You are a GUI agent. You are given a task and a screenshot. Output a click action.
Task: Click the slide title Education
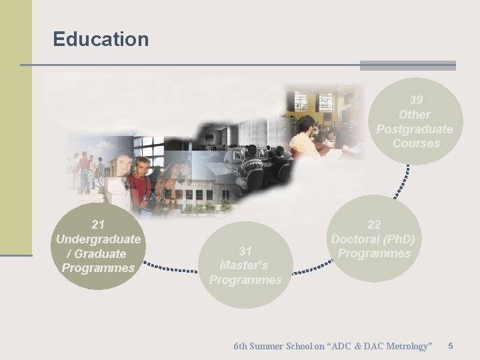coord(101,39)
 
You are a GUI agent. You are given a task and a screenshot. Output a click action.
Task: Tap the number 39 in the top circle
coord(416,100)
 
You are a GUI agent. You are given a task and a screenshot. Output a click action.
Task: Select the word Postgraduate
coord(414,129)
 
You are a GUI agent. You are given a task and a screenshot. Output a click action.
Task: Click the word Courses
coord(416,143)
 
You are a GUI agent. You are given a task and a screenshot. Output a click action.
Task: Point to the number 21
coord(99,225)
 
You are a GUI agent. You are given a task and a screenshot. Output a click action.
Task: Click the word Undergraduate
coord(99,239)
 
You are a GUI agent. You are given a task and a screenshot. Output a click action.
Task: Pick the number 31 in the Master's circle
coord(245,251)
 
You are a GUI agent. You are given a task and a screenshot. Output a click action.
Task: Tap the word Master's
coord(244,265)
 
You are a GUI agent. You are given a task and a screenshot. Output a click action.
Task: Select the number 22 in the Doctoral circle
coord(373,225)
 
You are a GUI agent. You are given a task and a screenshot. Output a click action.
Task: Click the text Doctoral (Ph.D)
coord(373,239)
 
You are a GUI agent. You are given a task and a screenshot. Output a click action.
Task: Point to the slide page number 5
coord(451,346)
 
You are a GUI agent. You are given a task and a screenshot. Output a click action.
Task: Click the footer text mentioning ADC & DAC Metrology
coord(333,346)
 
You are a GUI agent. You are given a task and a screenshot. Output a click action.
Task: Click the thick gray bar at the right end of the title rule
coord(407,65)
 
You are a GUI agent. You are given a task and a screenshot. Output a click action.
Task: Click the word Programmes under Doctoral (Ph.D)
coord(373,253)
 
